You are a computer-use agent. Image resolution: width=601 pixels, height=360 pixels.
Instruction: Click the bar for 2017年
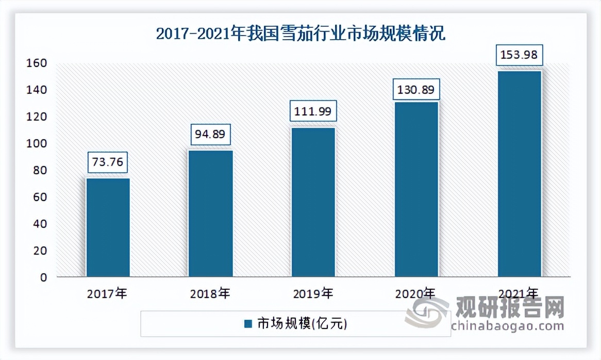click(108, 227)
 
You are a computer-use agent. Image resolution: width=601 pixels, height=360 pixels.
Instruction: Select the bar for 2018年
click(210, 214)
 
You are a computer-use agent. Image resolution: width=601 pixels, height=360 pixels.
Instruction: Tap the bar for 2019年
click(313, 202)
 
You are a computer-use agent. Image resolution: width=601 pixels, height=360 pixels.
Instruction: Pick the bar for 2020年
click(416, 189)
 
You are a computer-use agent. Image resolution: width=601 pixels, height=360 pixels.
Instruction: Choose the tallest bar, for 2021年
click(519, 174)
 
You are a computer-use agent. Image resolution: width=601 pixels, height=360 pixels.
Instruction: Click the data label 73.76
click(108, 162)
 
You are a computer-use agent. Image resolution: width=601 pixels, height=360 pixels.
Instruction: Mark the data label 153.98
click(519, 55)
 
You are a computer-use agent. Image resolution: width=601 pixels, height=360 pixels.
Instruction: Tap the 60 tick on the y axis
click(41, 197)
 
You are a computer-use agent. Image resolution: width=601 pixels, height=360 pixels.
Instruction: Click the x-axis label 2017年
click(107, 294)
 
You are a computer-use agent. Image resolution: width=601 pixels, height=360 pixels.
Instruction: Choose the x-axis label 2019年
click(312, 294)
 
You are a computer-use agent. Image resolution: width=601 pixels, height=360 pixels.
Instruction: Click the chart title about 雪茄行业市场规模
click(300, 35)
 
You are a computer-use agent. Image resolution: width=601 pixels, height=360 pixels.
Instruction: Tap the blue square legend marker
click(248, 324)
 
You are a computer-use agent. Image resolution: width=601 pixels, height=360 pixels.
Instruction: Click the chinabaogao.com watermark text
click(500, 326)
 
